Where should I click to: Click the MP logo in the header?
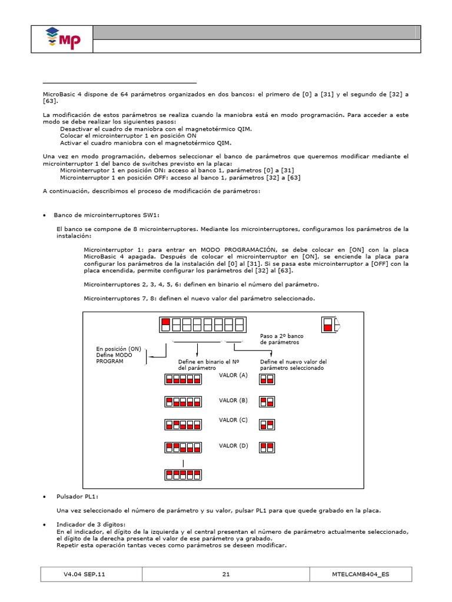(63, 39)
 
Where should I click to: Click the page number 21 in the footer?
(226, 574)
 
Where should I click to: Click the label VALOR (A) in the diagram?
(234, 375)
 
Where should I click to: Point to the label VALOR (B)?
(234, 400)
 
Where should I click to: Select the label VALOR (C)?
(234, 420)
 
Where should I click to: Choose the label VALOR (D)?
(234, 446)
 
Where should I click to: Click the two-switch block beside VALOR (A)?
(267, 380)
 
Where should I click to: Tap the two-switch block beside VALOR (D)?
(267, 447)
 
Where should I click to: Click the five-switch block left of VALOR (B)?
(184, 402)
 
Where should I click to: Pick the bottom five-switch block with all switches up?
(184, 474)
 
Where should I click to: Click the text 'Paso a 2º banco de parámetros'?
(281, 339)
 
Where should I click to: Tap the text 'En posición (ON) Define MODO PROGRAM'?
(118, 355)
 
